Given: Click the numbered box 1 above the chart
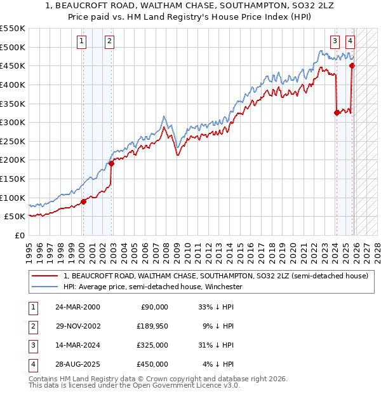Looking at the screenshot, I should pyautogui.click(x=83, y=42).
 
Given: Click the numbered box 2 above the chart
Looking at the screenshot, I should pyautogui.click(x=109, y=42).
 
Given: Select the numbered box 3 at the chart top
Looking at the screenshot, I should pyautogui.click(x=335, y=42).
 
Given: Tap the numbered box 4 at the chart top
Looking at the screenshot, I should pyautogui.click(x=350, y=42).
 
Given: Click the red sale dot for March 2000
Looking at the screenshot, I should pyautogui.click(x=83, y=201).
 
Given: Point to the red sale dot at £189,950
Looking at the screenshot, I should pyautogui.click(x=111, y=163).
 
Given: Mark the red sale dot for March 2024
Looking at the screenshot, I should pyautogui.click(x=337, y=113).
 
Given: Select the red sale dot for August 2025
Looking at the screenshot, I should pyautogui.click(x=352, y=65).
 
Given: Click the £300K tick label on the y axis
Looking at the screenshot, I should pyautogui.click(x=13, y=122).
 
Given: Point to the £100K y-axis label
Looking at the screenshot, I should pyautogui.click(x=13, y=198).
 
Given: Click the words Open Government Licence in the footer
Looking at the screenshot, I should pyautogui.click(x=187, y=386).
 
